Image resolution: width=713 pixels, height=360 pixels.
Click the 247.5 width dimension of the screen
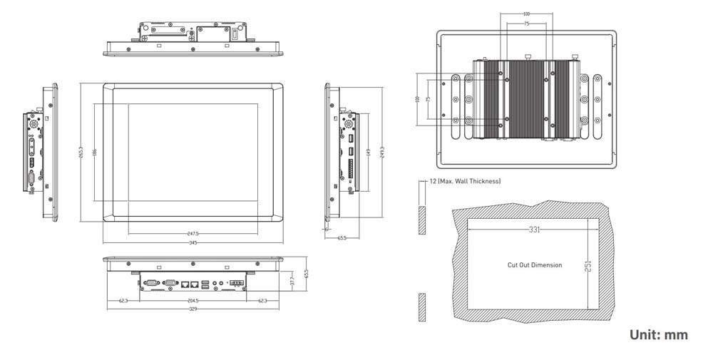pyautogui.click(x=193, y=233)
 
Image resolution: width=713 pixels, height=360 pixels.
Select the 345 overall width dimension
pyautogui.click(x=193, y=243)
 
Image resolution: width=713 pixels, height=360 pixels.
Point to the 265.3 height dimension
pyautogui.click(x=81, y=153)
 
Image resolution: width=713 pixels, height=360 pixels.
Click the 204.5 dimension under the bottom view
pyautogui.click(x=193, y=301)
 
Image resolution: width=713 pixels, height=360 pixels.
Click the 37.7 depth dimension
pyautogui.click(x=292, y=283)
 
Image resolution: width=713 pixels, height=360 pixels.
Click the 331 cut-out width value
pyautogui.click(x=535, y=230)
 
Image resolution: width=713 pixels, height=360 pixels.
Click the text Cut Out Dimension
pyautogui.click(x=535, y=265)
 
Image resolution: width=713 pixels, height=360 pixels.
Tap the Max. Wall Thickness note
pyautogui.click(x=465, y=182)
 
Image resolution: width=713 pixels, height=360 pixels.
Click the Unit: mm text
pyautogui.click(x=659, y=334)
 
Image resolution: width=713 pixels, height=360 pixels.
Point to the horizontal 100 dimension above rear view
pyautogui.click(x=526, y=14)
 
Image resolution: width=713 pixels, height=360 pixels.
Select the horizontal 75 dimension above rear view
pyautogui.click(x=526, y=24)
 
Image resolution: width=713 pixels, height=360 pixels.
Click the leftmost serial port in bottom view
pyautogui.click(x=151, y=283)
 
